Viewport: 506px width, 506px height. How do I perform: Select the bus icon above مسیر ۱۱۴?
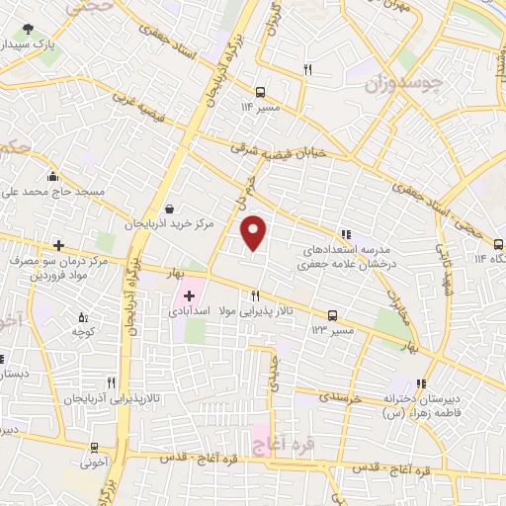point(260,87)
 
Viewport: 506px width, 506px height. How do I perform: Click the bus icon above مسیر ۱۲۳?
point(332,314)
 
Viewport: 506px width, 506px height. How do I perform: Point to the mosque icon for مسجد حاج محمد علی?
point(51,176)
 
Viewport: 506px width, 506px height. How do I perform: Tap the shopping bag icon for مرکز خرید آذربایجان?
point(172,210)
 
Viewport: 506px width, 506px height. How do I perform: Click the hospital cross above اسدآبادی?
point(189,295)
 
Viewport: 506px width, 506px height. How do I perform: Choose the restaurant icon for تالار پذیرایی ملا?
point(255,295)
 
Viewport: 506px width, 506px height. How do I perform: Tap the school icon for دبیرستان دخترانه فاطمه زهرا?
point(422,383)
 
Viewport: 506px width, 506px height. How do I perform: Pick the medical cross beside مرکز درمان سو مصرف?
point(59,245)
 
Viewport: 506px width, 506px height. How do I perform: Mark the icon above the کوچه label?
point(81,317)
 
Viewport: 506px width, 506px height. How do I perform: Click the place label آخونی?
point(94,461)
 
